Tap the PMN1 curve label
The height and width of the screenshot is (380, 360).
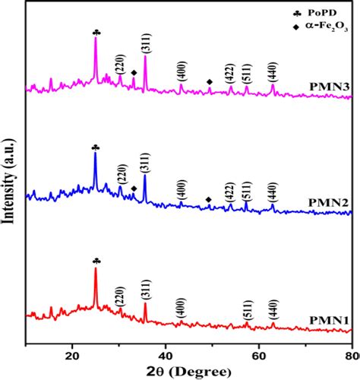coord(328,321)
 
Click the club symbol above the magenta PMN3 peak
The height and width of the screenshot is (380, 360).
coord(96,32)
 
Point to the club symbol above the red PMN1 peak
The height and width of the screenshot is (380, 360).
coord(96,260)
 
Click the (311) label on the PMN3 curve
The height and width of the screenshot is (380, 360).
coord(145,46)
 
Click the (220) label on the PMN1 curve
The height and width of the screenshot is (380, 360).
coord(120,296)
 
